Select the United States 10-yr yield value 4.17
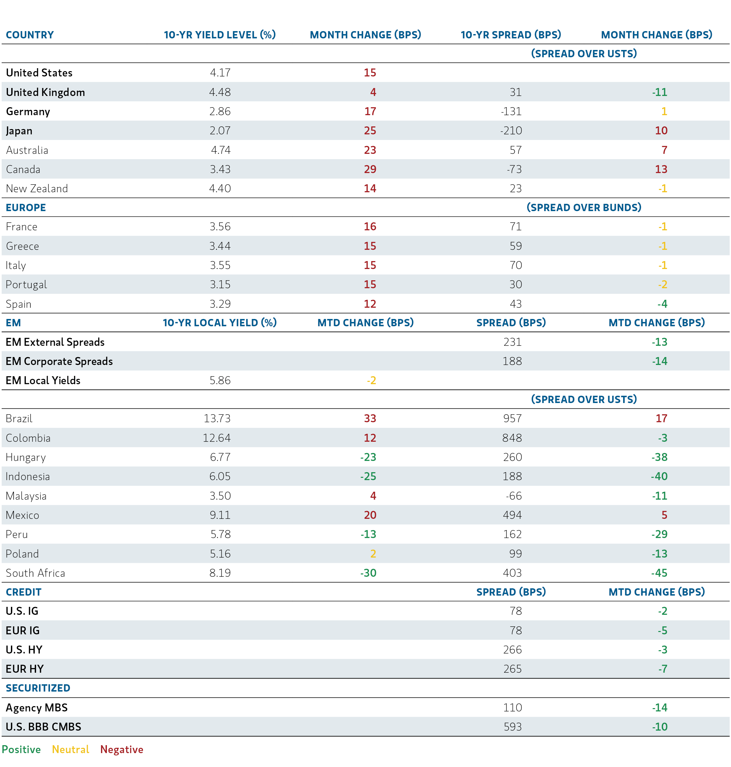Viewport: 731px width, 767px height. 220,72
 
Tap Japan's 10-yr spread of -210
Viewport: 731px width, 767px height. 511,130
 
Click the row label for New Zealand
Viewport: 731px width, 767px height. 37,189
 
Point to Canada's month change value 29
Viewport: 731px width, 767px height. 370,169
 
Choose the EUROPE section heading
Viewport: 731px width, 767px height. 26,207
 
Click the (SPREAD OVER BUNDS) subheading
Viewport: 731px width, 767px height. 583,207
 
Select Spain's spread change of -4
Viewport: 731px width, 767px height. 662,304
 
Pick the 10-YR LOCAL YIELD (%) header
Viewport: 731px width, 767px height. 219,323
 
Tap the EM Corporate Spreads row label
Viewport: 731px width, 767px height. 59,361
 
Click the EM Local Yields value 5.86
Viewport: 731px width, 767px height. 220,380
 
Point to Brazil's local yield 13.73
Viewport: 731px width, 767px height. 217,418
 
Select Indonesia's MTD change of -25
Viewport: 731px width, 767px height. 368,476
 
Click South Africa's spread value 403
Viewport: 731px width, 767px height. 512,573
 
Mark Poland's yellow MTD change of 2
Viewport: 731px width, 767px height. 373,554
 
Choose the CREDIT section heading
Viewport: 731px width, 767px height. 23,592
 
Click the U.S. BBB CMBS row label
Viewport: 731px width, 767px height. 43,727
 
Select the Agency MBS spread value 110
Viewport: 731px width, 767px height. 512,707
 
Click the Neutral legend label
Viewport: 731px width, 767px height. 70,749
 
